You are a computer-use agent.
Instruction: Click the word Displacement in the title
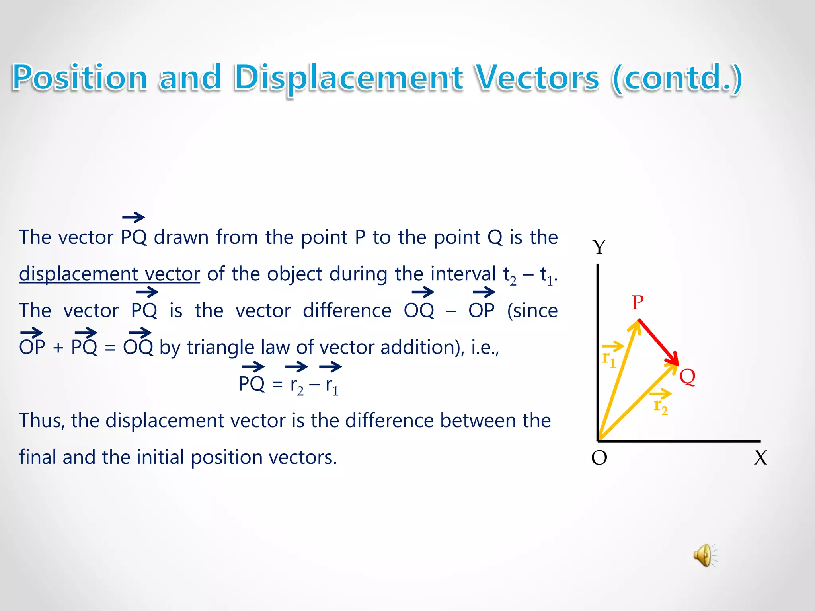(x=348, y=78)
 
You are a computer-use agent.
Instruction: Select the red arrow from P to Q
(x=659, y=342)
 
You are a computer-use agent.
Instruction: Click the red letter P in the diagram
(x=638, y=303)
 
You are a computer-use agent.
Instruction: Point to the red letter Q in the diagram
(x=687, y=376)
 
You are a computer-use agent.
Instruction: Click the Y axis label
(x=599, y=247)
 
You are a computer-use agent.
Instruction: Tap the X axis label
(x=760, y=458)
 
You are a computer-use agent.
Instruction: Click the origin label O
(x=599, y=458)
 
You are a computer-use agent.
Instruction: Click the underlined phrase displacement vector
(x=109, y=274)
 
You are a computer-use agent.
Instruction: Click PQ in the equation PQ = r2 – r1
(x=252, y=384)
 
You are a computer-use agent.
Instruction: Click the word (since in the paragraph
(x=532, y=311)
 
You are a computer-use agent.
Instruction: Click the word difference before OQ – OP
(x=347, y=311)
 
